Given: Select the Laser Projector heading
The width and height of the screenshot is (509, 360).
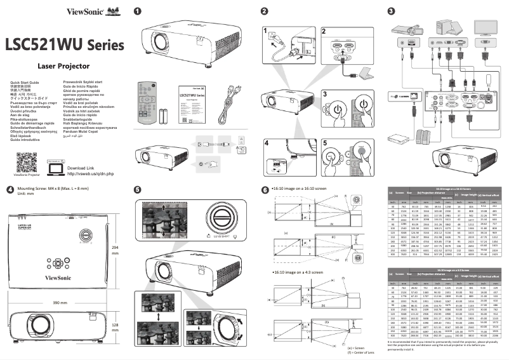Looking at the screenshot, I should pos(63,65).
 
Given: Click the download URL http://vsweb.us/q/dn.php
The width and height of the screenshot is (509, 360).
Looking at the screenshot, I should pos(89,173).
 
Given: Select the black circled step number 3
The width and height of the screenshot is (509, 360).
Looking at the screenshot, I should pos(390,11).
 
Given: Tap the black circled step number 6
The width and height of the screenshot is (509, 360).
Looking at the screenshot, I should pos(265,189).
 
